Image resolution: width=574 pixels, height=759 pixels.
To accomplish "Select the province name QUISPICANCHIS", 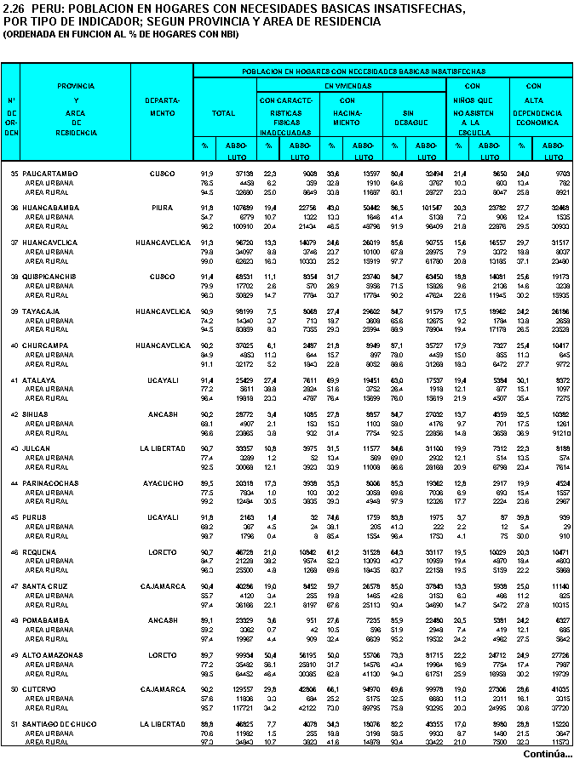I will click(x=53, y=277).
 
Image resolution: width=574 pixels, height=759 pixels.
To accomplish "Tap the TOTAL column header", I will click(x=223, y=112).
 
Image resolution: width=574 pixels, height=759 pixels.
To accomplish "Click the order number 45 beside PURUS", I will click(x=14, y=517).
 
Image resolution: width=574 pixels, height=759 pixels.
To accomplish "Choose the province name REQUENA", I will click(x=41, y=551).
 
